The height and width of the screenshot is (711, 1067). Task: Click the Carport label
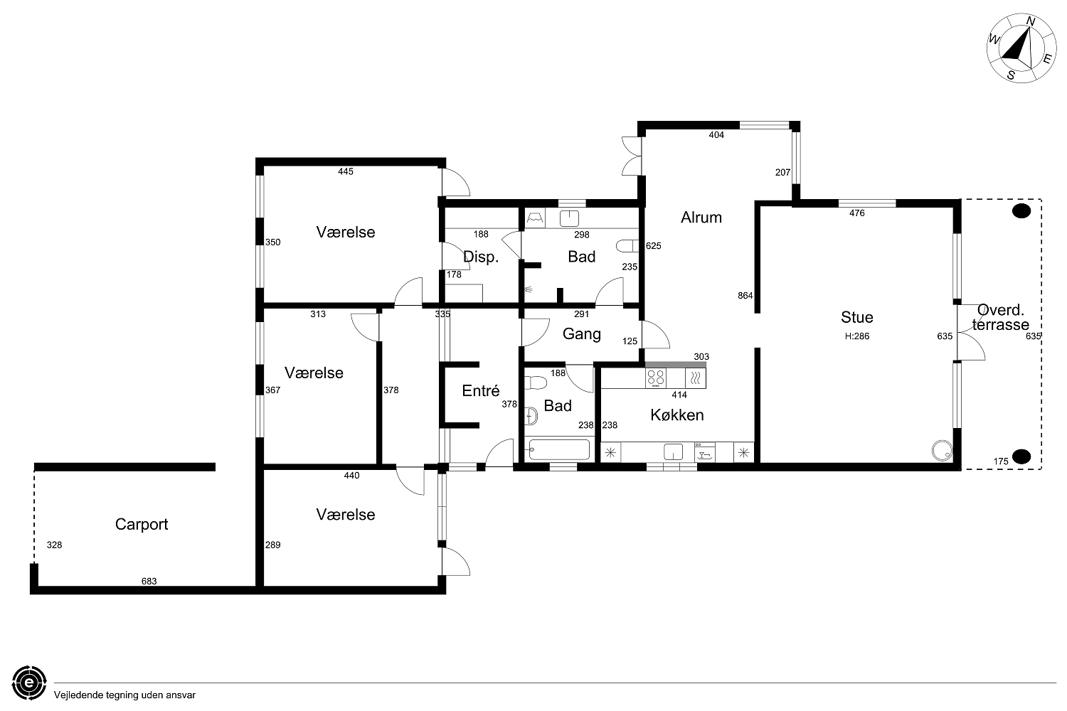[x=142, y=524]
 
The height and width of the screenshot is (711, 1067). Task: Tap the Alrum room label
[x=701, y=217]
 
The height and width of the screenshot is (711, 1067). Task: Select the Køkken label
[x=677, y=415]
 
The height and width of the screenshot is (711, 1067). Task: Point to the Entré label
[x=481, y=390]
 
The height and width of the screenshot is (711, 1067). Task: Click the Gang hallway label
[x=582, y=334]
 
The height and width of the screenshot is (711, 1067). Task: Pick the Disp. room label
[x=481, y=257]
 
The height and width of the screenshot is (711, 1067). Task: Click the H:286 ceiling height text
[x=857, y=336]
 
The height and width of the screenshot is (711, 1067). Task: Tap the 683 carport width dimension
[x=149, y=581]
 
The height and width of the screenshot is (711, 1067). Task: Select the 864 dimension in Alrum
[x=745, y=296]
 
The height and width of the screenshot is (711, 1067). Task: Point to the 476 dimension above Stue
[x=857, y=213]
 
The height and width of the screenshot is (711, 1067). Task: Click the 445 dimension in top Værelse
[x=346, y=171]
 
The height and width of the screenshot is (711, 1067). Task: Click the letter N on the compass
[x=1030, y=21]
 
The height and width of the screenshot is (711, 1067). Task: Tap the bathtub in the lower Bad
[x=559, y=449]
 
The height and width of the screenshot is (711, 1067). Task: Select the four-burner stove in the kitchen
[x=656, y=378]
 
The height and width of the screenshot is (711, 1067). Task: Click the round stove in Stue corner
[x=943, y=451]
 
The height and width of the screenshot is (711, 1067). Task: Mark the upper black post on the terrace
[x=1021, y=211]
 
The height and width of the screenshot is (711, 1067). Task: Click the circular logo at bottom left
[x=29, y=683]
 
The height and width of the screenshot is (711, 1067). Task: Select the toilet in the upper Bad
[x=627, y=246]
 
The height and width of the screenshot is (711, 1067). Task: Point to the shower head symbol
[x=529, y=289]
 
